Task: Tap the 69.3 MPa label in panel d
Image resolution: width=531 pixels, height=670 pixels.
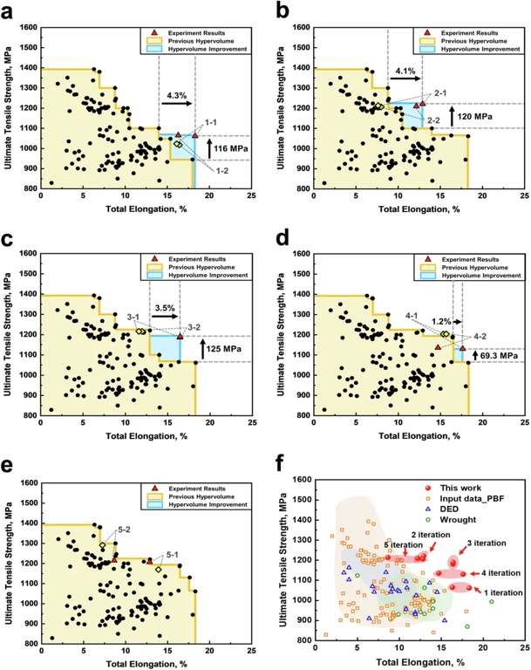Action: (500, 355)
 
